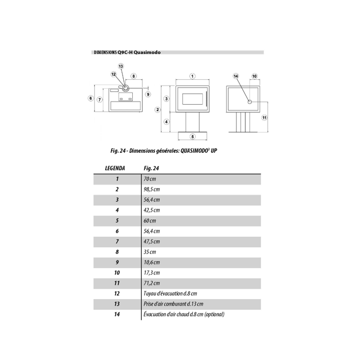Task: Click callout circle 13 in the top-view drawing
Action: click(121, 66)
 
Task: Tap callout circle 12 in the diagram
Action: click(113, 75)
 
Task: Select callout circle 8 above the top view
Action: click(134, 76)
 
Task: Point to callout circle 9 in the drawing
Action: click(148, 95)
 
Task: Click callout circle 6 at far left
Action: click(91, 98)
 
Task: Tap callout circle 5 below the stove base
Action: click(192, 136)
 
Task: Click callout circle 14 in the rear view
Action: click(236, 76)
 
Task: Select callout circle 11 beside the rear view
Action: click(264, 117)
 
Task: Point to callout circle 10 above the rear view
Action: click(254, 76)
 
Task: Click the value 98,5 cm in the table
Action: click(152, 189)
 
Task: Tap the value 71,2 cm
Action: click(152, 283)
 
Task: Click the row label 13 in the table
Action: click(117, 304)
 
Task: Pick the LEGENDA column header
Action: click(115, 168)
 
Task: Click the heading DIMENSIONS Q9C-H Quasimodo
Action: click(127, 53)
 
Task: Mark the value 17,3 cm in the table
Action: click(152, 273)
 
